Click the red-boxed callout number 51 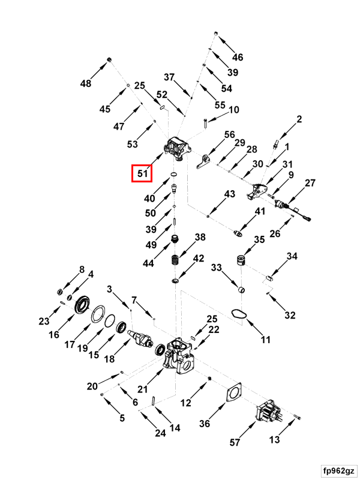point(143,173)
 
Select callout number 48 point(86,83)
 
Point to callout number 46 point(238,58)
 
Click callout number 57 point(235,443)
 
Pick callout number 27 point(310,182)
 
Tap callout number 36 point(205,424)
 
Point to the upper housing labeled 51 point(178,148)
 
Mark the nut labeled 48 point(110,58)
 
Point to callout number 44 point(147,263)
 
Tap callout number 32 point(290,315)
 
